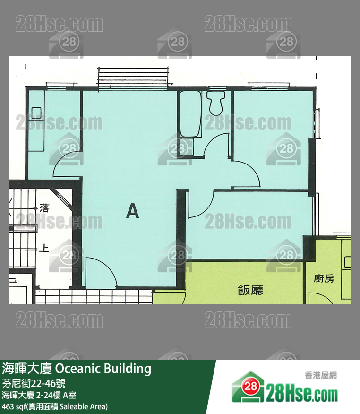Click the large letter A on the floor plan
coord(132,211)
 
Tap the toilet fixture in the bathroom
coord(215,103)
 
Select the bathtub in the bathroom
coord(190,113)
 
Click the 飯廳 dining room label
coord(250,290)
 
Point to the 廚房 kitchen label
coord(324,278)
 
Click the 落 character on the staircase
coord(44,208)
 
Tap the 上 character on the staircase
coord(44,248)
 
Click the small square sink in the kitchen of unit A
coord(36,113)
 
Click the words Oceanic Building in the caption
coord(103,369)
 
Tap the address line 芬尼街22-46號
coord(34,383)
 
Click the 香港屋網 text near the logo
coord(321,375)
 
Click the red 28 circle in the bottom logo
coord(251,386)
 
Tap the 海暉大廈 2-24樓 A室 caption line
coord(39,395)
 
